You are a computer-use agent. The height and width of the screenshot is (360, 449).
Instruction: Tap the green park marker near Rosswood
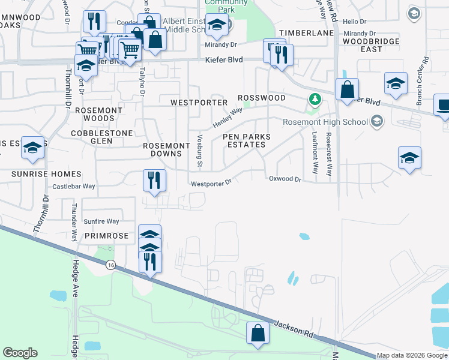pos(313,99)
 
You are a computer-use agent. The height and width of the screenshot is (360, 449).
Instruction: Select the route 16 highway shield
pos(110,265)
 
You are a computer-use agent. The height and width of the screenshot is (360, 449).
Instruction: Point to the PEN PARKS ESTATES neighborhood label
pos(247,141)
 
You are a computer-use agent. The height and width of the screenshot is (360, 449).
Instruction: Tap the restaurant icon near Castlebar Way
pos(154,180)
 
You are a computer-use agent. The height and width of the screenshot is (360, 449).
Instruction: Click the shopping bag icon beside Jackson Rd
pos(258,333)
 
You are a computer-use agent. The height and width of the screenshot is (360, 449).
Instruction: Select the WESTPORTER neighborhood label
pos(199,103)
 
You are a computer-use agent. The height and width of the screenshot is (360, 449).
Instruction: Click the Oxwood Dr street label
pos(285,179)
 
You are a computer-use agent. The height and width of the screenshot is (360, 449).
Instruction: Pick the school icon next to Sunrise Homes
pos(33,148)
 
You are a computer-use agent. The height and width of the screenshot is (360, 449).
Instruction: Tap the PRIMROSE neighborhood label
pos(106,236)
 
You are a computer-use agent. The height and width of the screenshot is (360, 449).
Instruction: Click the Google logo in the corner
pos(20,352)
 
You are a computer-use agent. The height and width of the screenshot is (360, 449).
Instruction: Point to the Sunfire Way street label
pos(101,221)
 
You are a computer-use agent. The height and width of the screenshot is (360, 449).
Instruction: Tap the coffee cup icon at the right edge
pos(443,106)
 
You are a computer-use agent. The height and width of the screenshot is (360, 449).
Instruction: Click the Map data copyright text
pos(412,355)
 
